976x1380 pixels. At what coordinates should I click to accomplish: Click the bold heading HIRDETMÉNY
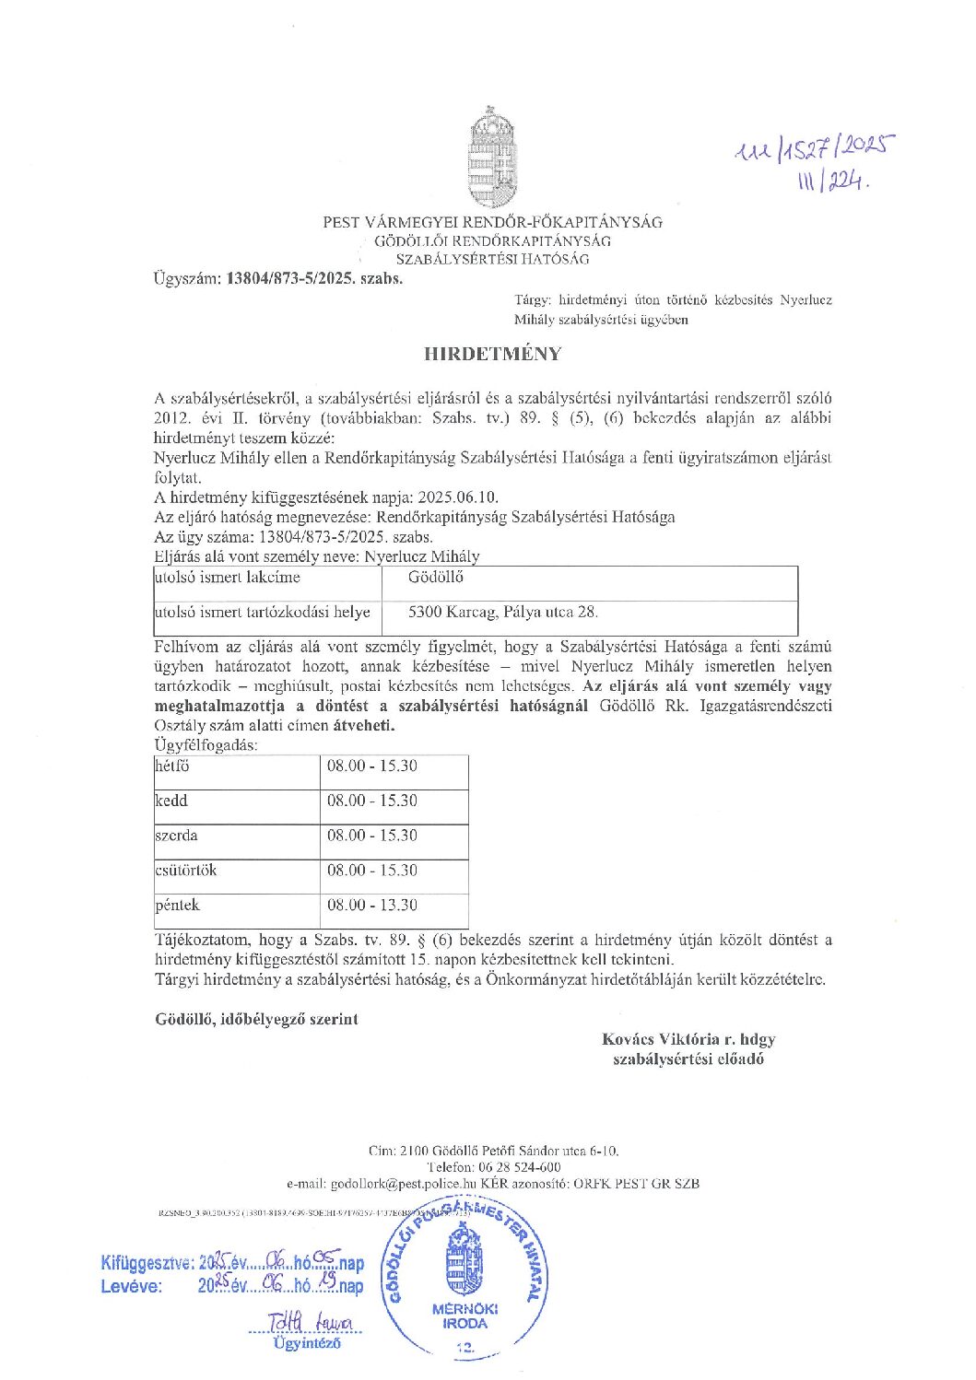click(491, 354)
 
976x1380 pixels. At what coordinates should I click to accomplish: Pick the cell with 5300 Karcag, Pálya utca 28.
click(503, 612)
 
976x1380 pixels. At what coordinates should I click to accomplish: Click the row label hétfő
click(172, 766)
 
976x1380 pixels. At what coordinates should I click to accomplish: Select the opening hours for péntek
click(371, 906)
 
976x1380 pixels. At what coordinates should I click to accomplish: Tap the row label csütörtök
click(186, 871)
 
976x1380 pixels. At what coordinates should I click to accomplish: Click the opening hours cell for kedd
click(371, 801)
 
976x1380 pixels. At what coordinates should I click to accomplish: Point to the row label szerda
click(176, 836)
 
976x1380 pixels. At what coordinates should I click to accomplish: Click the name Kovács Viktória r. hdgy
click(688, 1039)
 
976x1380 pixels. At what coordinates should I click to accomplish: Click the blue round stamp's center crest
click(464, 1268)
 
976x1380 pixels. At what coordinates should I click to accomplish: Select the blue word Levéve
click(132, 1286)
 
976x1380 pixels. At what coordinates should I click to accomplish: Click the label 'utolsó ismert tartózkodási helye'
click(263, 612)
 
